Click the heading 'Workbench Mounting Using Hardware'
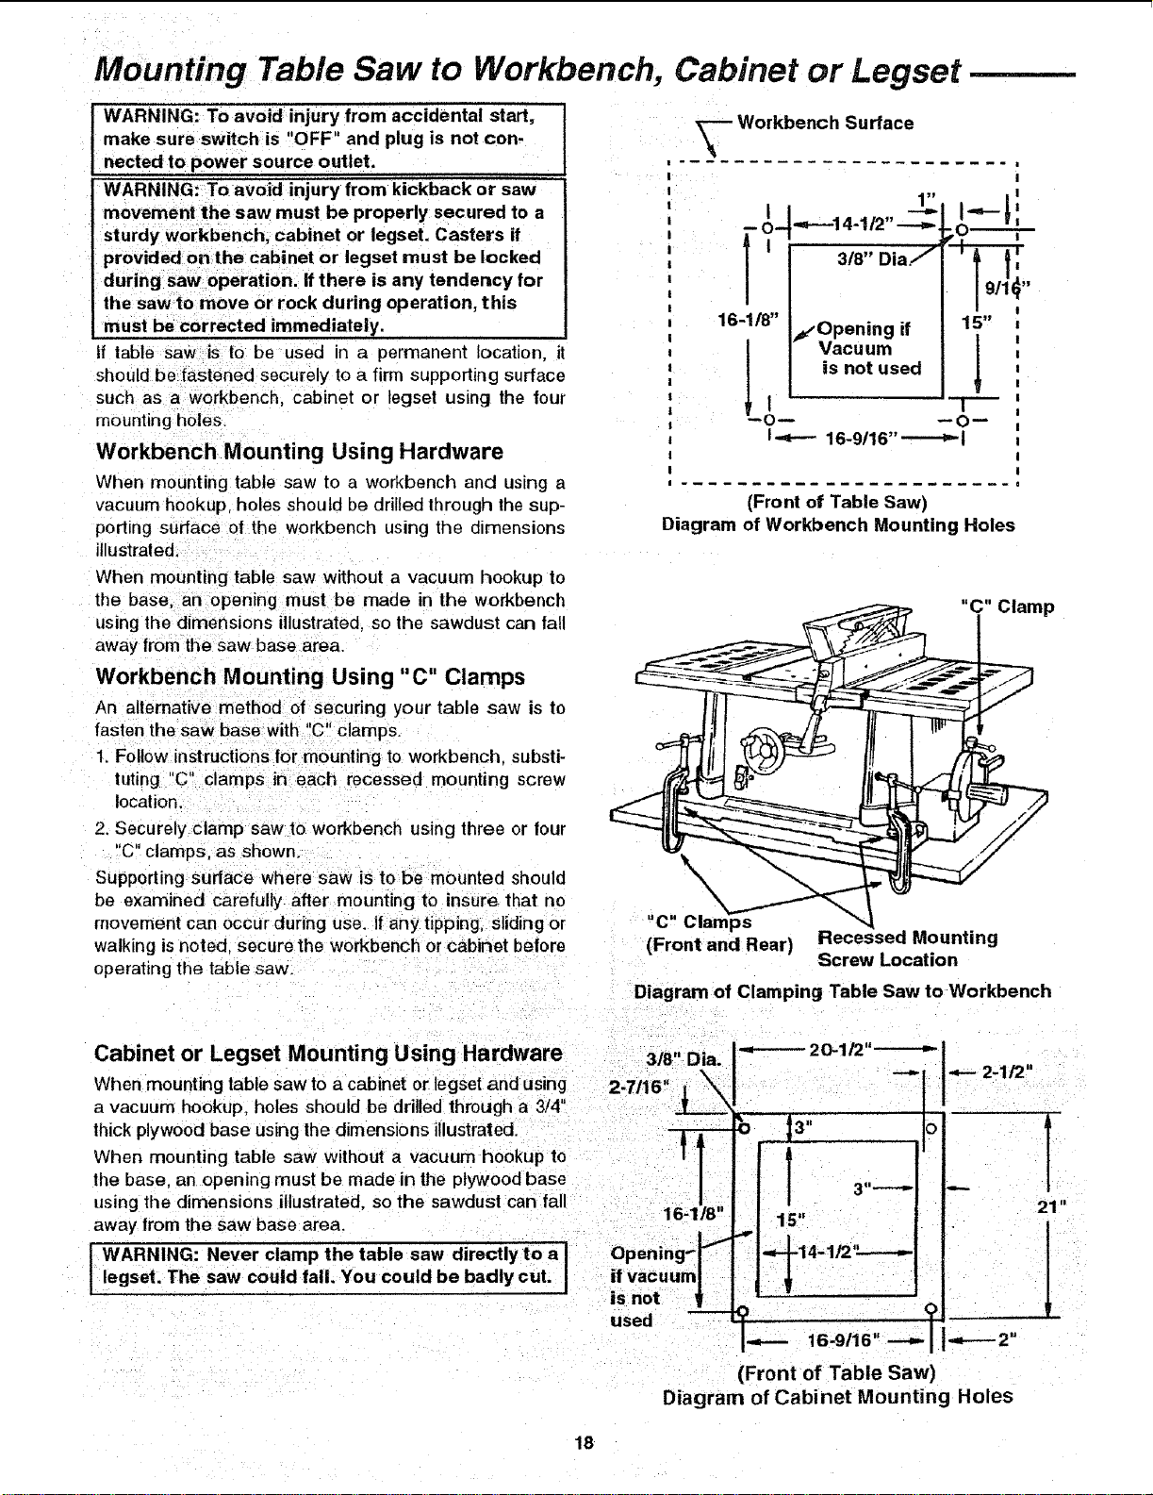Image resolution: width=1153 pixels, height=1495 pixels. [x=300, y=451]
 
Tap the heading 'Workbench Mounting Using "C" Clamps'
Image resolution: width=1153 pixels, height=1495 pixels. [x=310, y=676]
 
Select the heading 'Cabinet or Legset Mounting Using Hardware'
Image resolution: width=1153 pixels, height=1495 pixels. [x=328, y=1054]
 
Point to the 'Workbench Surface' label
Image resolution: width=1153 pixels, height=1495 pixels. [x=825, y=124]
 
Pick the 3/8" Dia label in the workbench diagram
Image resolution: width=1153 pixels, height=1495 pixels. [x=872, y=260]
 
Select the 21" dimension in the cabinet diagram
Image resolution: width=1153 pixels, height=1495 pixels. [x=1052, y=1206]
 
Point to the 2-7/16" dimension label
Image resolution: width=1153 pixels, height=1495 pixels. [x=638, y=1087]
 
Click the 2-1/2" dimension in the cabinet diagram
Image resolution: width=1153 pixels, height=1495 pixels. [x=1007, y=1072]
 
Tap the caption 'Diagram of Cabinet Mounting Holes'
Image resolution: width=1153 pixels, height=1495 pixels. [x=837, y=1397]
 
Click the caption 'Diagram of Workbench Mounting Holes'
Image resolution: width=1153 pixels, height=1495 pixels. [x=838, y=525]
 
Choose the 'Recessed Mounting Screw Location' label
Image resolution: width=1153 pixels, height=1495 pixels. [x=907, y=949]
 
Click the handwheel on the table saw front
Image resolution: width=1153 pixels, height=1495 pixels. [x=764, y=746]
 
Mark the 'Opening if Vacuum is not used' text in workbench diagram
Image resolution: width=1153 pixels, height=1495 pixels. [x=868, y=349]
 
